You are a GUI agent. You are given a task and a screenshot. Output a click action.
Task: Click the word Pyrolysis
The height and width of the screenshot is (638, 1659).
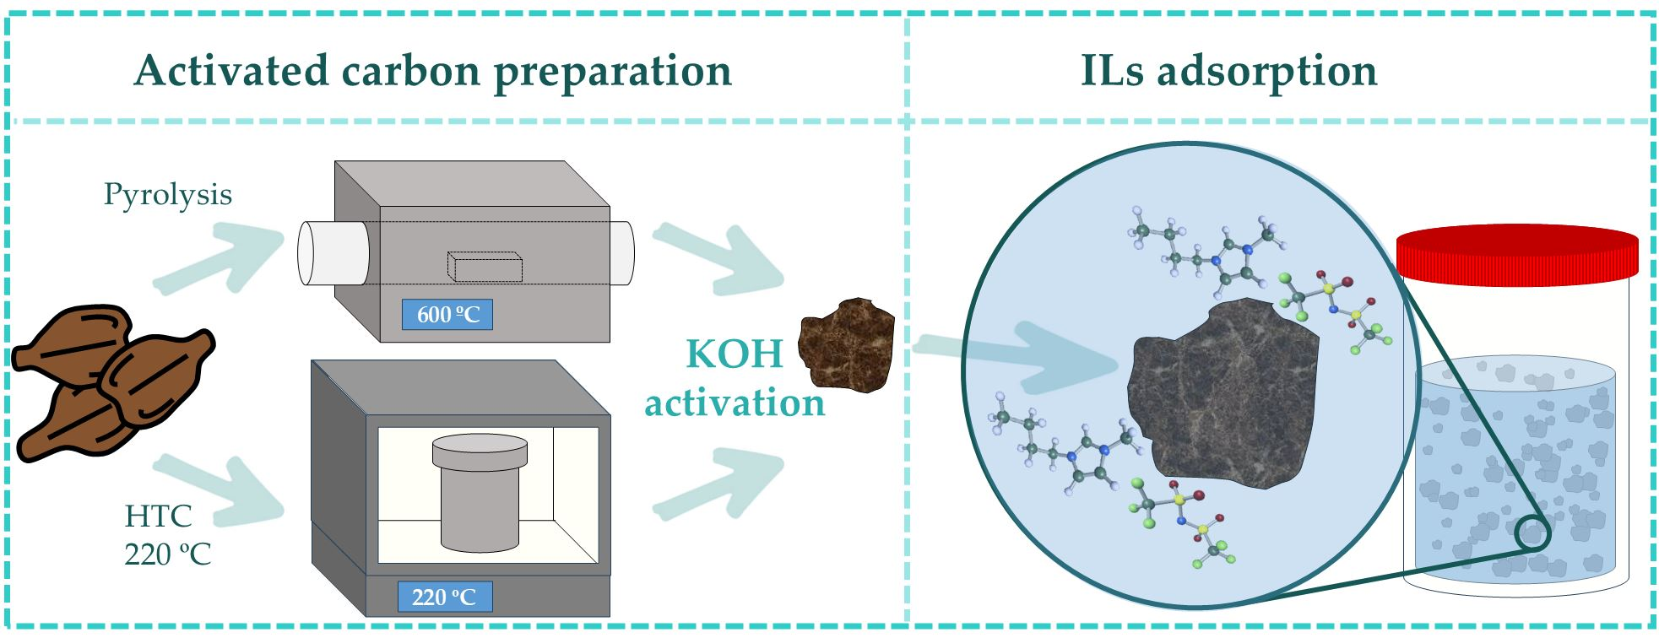(167, 195)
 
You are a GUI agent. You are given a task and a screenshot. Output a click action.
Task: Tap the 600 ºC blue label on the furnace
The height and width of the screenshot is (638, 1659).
(447, 315)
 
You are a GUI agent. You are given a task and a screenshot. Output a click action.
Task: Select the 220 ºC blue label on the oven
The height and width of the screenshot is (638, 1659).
(444, 597)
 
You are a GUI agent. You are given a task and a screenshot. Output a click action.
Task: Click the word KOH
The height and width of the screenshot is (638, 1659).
(735, 354)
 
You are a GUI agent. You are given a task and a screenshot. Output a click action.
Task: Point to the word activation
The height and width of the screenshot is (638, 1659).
(735, 403)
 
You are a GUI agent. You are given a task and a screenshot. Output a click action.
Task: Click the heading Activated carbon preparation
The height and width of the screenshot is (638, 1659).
(432, 70)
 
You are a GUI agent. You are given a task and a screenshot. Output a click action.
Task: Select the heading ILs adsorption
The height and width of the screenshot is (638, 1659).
(1228, 70)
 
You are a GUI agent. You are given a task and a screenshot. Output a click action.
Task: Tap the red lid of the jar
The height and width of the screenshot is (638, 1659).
(1516, 252)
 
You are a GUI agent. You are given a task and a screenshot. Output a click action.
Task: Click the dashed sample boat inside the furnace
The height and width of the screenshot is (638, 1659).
(484, 266)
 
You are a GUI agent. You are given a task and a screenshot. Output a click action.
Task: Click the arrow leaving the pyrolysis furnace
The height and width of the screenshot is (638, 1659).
(718, 257)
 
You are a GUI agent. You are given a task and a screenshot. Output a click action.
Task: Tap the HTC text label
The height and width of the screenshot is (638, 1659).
(158, 516)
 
